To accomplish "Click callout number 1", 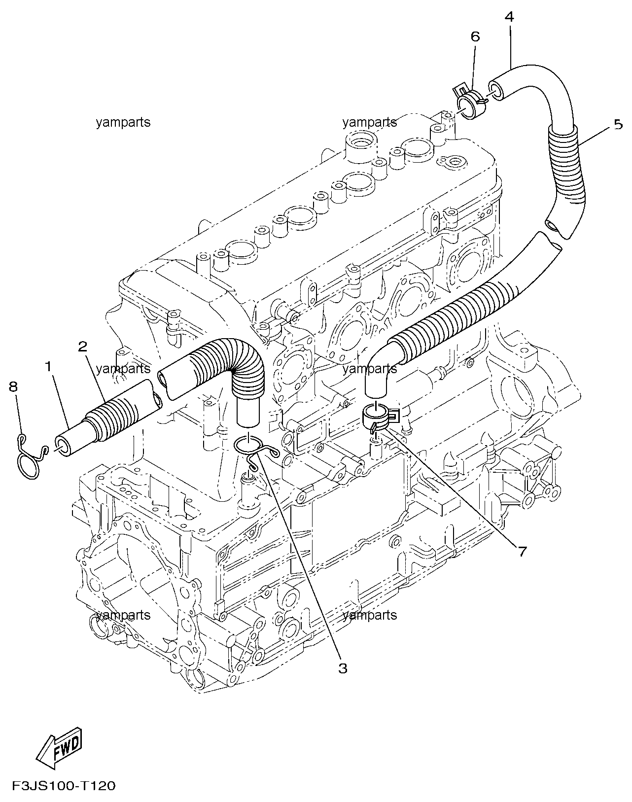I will tap(48, 367).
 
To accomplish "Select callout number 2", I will tap(83, 347).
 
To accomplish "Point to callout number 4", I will tap(509, 17).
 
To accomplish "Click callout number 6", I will tap(475, 36).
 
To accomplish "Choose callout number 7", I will tap(522, 551).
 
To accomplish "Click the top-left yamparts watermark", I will tap(123, 122).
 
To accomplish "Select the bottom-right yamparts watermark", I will tap(370, 615).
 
